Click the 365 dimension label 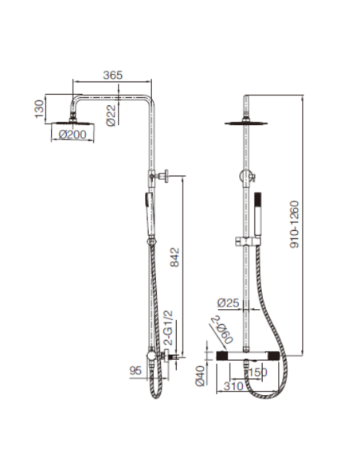click(113, 74)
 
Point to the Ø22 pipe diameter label click(114, 116)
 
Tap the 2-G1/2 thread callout click(167, 327)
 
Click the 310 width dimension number click(233, 388)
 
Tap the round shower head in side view click(75, 122)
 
